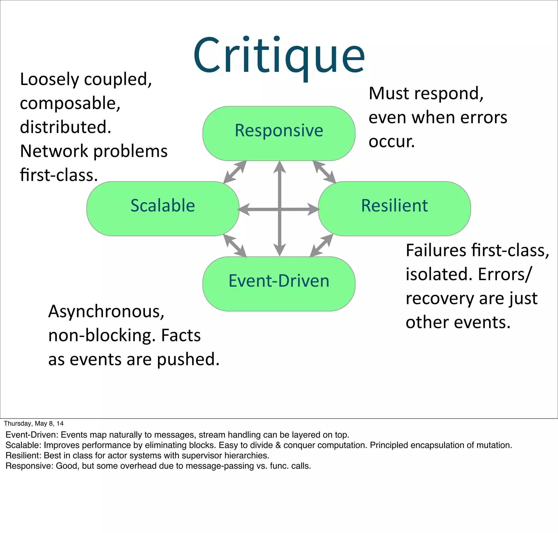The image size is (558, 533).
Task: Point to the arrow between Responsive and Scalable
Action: (235, 172)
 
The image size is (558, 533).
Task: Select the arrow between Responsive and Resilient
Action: (324, 172)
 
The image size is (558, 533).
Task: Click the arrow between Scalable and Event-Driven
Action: (235, 246)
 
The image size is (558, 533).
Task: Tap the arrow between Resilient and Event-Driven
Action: (321, 246)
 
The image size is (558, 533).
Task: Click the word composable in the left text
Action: (70, 103)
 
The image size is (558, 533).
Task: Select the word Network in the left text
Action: (54, 151)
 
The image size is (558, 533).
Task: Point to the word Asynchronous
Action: (106, 311)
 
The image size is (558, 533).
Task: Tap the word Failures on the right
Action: (436, 250)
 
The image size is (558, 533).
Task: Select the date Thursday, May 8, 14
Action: (34, 423)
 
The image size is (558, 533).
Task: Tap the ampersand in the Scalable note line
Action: (278, 445)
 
